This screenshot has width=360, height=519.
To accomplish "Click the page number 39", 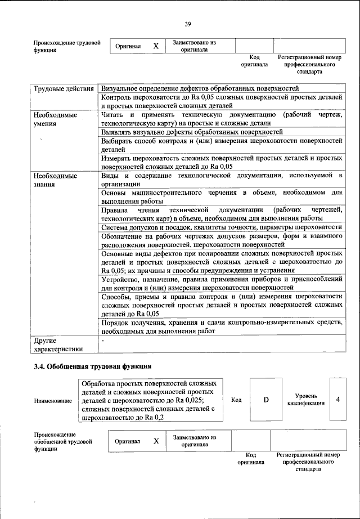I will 188,23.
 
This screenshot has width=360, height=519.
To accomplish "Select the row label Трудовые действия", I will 62,88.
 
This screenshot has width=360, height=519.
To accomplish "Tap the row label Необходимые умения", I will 55,119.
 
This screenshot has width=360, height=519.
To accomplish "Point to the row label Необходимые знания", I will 55,180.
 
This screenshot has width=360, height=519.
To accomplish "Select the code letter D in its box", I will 266,400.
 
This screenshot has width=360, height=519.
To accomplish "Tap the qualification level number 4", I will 338,399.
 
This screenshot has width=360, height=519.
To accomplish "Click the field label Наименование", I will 53,401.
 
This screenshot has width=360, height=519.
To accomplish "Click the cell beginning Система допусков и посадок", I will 220,227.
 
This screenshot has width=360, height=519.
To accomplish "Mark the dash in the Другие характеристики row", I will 102,341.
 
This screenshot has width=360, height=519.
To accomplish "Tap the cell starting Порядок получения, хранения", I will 220,327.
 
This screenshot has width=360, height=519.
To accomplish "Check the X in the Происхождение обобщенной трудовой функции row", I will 156,441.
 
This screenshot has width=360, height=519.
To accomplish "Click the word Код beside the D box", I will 236,400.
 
